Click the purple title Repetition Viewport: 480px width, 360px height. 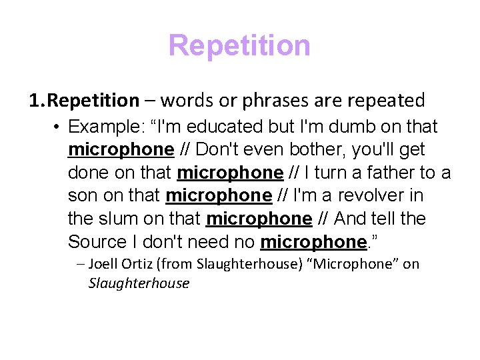(x=239, y=46)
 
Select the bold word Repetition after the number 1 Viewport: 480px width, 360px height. (x=93, y=101)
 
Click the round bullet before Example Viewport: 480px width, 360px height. (x=58, y=127)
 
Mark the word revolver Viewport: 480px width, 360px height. (x=375, y=196)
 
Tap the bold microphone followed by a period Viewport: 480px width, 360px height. (x=313, y=242)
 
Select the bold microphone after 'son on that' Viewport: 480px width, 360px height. (x=219, y=196)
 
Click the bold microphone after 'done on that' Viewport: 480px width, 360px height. (x=230, y=173)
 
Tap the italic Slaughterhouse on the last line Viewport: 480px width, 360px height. (x=139, y=283)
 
